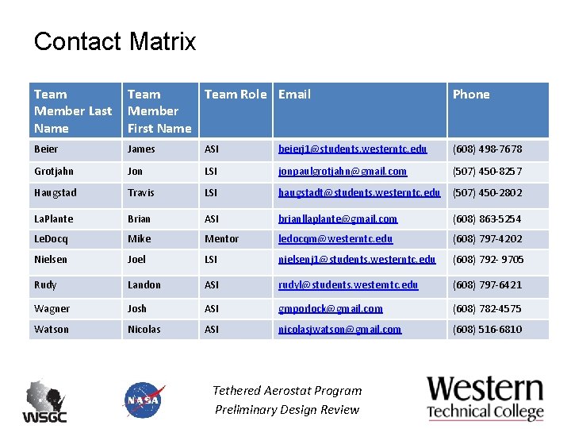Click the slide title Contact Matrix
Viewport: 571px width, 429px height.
click(x=115, y=41)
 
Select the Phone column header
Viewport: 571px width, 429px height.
click(x=471, y=95)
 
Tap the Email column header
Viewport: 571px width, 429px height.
click(x=294, y=95)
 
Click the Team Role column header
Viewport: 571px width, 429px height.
click(x=236, y=95)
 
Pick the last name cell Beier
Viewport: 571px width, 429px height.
click(x=46, y=149)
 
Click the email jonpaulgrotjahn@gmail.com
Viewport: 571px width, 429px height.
click(x=342, y=172)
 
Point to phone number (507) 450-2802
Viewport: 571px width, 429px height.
click(x=487, y=193)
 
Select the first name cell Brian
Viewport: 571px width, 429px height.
click(x=139, y=219)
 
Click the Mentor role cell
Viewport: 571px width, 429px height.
click(x=221, y=238)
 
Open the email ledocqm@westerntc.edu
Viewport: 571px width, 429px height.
click(x=335, y=238)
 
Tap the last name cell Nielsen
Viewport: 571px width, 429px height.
click(x=52, y=259)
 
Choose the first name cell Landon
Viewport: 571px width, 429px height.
click(x=144, y=285)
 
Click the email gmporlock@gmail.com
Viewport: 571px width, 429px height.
click(x=330, y=309)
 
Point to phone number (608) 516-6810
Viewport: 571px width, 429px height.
click(x=487, y=329)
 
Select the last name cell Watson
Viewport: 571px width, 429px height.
click(x=52, y=329)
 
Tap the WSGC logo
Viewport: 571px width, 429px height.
click(x=44, y=401)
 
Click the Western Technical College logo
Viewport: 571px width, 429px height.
click(x=485, y=397)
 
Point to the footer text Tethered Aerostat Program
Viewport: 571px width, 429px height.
click(x=287, y=391)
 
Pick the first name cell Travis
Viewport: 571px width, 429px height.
click(x=140, y=193)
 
